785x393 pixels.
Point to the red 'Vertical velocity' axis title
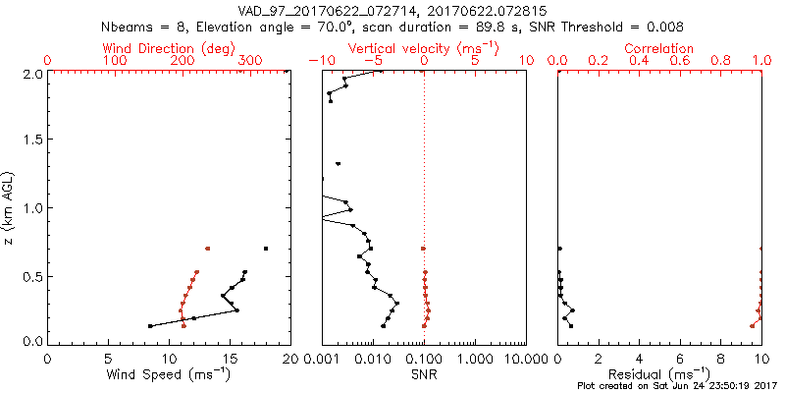tap(424, 48)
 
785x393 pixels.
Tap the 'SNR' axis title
tap(424, 374)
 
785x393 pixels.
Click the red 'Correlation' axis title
tap(659, 48)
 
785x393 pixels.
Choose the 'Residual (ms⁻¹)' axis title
tap(659, 374)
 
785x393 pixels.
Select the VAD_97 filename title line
tap(392, 9)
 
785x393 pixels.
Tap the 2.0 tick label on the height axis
tap(31, 74)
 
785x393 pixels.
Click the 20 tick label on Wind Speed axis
tap(289, 359)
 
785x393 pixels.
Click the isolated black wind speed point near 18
tap(266, 248)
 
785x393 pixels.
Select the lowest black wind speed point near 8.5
tap(150, 325)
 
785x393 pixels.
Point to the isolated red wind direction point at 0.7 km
tap(207, 249)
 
